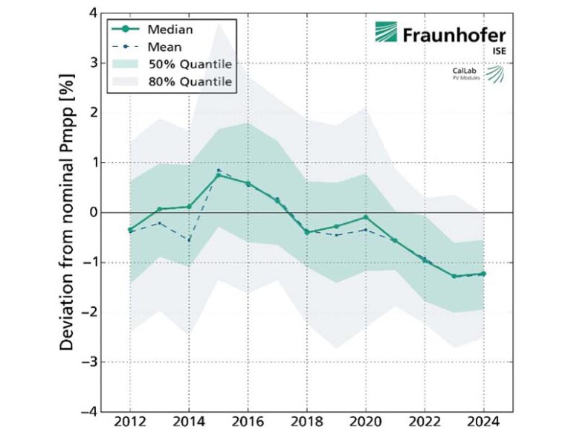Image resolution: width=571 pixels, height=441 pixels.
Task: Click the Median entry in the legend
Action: (x=170, y=30)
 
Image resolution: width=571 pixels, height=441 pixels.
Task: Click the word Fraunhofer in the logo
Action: (x=454, y=34)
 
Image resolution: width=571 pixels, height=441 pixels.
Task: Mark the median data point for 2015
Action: (x=219, y=175)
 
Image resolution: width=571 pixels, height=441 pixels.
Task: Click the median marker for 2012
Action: (x=130, y=230)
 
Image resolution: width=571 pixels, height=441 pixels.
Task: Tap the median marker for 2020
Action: (x=366, y=217)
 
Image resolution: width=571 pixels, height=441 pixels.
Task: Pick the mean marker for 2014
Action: (x=189, y=239)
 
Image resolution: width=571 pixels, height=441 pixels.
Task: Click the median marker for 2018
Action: (x=307, y=232)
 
